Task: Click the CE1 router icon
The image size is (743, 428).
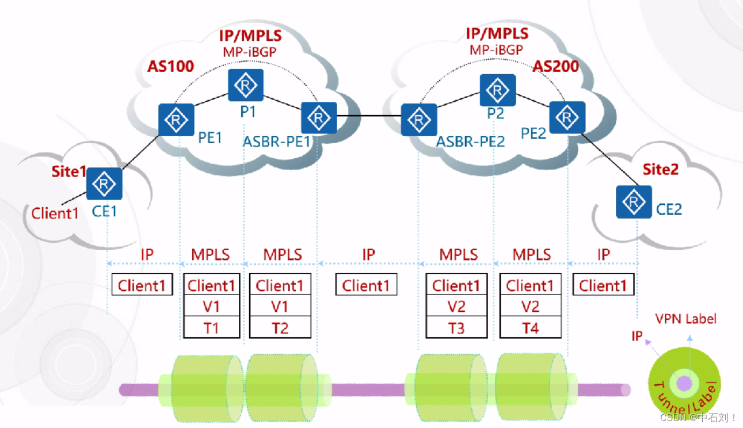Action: (105, 184)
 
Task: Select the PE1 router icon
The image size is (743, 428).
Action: (176, 120)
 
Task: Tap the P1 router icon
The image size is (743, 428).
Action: (246, 86)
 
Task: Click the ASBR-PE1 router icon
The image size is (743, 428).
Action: (318, 118)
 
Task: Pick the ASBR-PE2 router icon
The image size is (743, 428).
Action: (419, 120)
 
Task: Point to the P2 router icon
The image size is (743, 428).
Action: (498, 90)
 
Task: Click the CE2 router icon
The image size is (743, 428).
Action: (634, 202)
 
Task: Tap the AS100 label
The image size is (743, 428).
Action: (170, 66)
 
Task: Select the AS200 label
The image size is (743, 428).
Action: (555, 66)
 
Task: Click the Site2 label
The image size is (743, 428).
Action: (660, 169)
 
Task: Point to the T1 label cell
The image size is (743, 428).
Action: (211, 328)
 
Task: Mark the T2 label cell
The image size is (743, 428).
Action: (280, 328)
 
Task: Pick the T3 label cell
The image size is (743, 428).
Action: (456, 328)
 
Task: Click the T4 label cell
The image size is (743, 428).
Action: (529, 328)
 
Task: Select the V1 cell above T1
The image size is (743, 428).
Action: (211, 307)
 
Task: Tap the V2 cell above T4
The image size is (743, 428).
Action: (529, 307)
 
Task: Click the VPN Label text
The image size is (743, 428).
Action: (686, 319)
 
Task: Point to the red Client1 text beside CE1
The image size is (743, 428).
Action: (55, 213)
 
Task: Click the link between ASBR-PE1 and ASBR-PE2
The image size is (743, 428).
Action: (368, 117)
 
